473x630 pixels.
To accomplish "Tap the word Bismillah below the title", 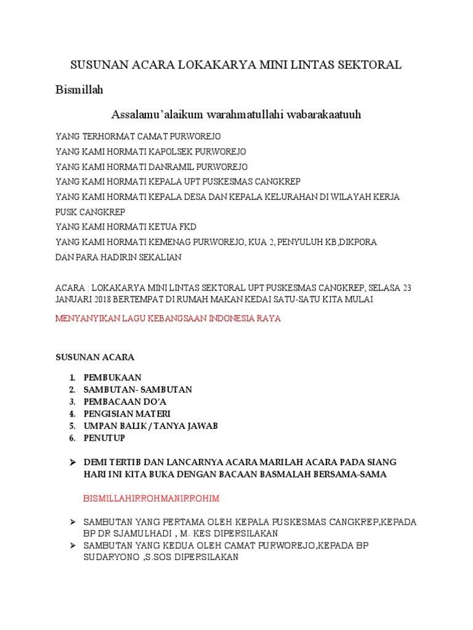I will click(x=79, y=90).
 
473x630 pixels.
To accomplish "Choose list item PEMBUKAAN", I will click(x=113, y=377).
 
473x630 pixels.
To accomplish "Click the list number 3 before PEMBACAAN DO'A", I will click(x=71, y=402).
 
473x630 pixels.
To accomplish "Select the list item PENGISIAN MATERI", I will click(x=127, y=413).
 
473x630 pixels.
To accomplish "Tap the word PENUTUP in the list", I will click(x=105, y=438).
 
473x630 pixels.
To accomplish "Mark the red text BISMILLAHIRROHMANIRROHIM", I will click(x=151, y=497).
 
